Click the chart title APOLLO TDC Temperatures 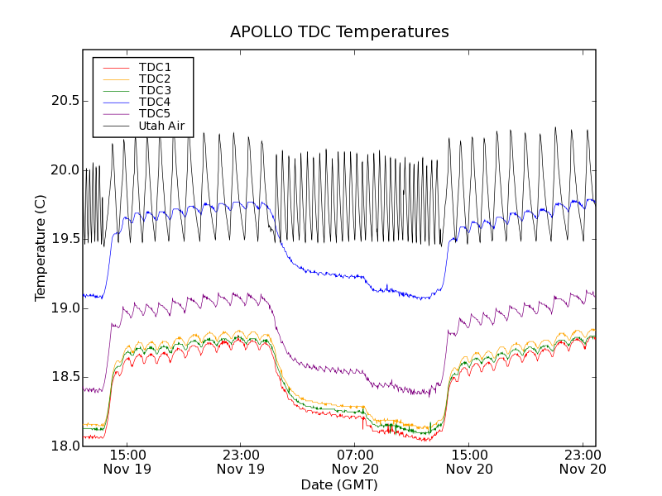click(339, 32)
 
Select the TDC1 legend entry click(155, 67)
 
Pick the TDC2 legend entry click(155, 79)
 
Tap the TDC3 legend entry click(155, 90)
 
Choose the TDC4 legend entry click(155, 103)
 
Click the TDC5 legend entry click(155, 114)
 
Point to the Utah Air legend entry click(161, 126)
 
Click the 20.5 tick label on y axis click(65, 101)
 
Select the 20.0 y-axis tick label click(65, 170)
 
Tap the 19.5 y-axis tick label click(65, 239)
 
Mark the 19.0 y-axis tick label click(65, 308)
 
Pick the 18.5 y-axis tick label click(65, 377)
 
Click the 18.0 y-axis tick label click(65, 446)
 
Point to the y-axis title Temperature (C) click(41, 248)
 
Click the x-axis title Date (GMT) click(339, 484)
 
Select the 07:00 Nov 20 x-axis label click(355, 461)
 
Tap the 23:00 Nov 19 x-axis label click(241, 461)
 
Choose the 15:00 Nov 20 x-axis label click(468, 461)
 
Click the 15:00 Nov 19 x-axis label click(127, 461)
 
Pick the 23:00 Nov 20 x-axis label click(583, 461)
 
